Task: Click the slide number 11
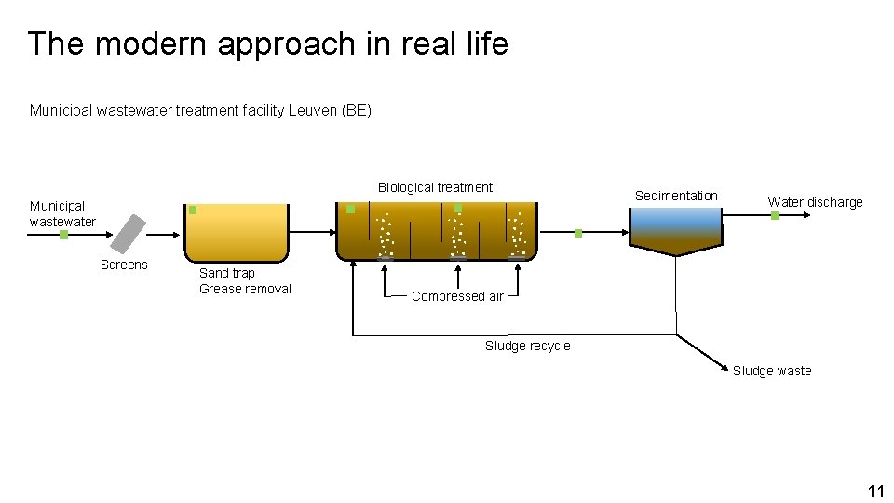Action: pos(874,491)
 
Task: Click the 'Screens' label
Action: pos(124,265)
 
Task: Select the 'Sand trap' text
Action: pos(226,273)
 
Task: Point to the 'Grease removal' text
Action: pos(245,289)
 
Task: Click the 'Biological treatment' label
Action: pos(435,187)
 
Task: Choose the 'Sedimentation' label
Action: pos(676,196)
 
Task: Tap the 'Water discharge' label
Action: pos(815,202)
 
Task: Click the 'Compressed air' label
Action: pos(457,296)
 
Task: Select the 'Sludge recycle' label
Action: pos(527,346)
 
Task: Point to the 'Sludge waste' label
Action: pos(771,371)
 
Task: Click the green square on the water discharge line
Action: pos(775,216)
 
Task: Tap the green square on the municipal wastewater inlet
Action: pos(63,235)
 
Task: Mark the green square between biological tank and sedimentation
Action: pos(577,233)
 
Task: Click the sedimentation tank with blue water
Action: pos(675,229)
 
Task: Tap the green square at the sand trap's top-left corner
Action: pos(193,210)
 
